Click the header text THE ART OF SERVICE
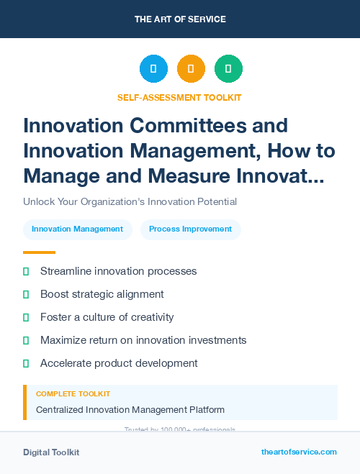180,19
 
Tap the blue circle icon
153,68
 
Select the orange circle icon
191,68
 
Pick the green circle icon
228,68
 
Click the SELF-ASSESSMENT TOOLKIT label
179,97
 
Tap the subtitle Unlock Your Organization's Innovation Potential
130,201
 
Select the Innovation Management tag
78,229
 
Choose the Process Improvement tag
190,229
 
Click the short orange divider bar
39,252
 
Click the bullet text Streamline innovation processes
118,271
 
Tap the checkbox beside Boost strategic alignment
26,294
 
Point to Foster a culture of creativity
107,317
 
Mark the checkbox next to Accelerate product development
26,363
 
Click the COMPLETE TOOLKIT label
73,394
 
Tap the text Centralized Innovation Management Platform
130,410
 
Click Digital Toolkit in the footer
51,452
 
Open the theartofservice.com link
299,452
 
